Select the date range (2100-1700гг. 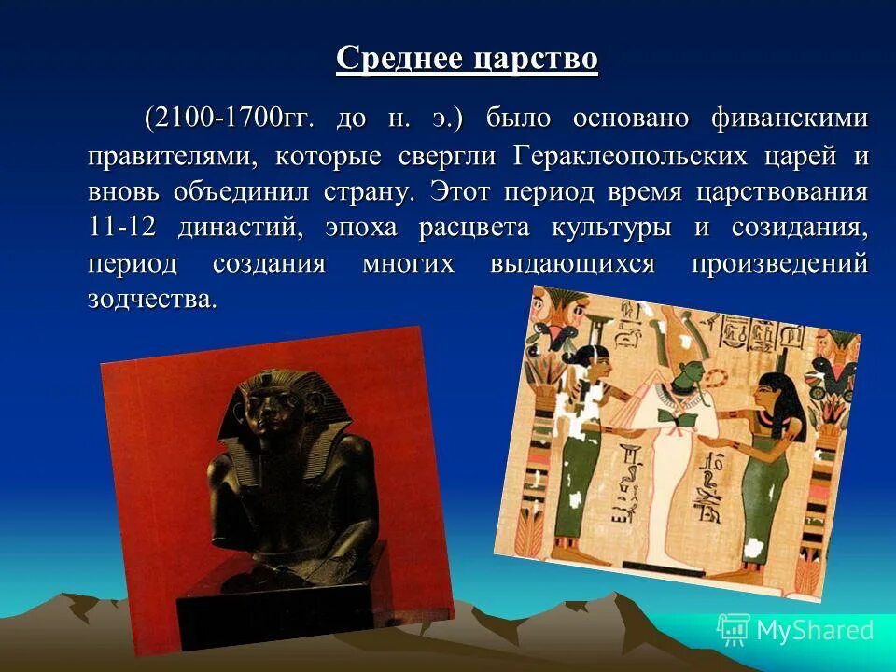click(223, 119)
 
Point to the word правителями click(173, 155)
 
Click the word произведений click(779, 264)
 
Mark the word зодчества click(152, 300)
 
